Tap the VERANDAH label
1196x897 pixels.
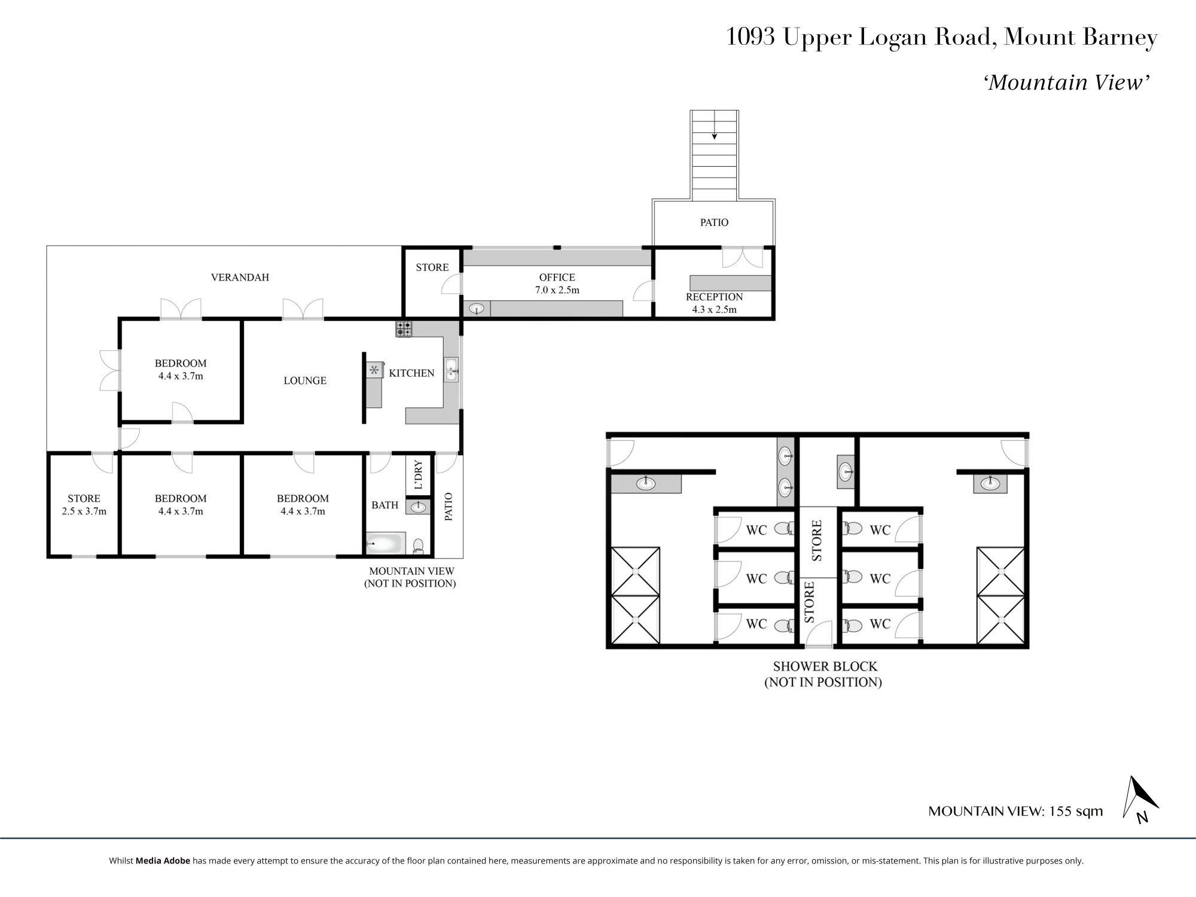[x=240, y=277]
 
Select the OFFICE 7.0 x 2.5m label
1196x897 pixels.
[x=557, y=283]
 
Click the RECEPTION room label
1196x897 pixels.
[x=714, y=297]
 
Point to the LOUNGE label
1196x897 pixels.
[x=305, y=380]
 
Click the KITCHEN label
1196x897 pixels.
[x=411, y=373]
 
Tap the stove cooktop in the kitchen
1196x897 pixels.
[x=404, y=329]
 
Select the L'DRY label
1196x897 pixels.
[x=419, y=475]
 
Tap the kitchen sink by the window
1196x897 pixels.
[x=451, y=369]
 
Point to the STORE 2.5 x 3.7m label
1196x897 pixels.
[x=84, y=505]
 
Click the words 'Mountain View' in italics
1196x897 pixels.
[x=1067, y=83]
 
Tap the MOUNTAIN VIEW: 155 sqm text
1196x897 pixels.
[x=1015, y=811]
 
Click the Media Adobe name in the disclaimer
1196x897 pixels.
[x=163, y=861]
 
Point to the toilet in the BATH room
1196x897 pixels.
[x=419, y=545]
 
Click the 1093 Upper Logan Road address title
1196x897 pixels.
[x=942, y=37]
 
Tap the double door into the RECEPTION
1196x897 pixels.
[x=742, y=257]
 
